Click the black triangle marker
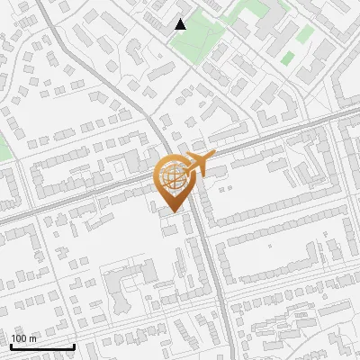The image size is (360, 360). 180,24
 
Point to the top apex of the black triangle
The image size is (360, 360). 180,19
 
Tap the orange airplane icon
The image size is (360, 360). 200,166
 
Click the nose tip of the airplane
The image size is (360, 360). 215,157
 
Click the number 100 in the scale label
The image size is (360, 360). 20,338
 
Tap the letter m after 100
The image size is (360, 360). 32,338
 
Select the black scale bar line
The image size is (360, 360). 41,346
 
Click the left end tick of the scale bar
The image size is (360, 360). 10,345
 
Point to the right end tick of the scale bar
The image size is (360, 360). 74,345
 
